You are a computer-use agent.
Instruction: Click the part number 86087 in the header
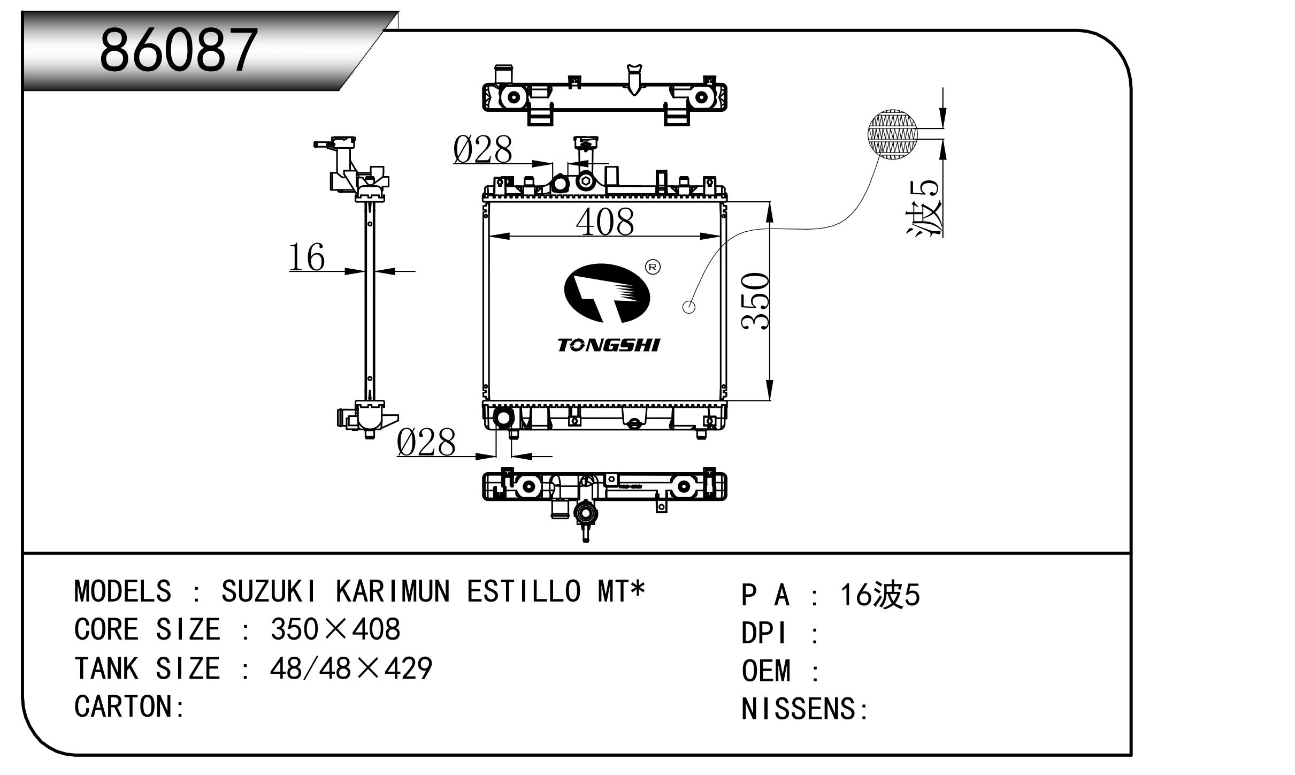(179, 51)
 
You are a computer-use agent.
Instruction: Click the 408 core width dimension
(605, 222)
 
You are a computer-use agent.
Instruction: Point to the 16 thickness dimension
(306, 257)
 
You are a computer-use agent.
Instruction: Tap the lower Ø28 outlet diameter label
(426, 443)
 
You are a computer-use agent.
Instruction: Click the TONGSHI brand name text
(609, 345)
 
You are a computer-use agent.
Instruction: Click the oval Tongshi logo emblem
(607, 293)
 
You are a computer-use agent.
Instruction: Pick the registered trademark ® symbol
(653, 267)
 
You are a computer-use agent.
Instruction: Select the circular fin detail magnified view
(892, 135)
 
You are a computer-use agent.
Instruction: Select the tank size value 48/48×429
(351, 668)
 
